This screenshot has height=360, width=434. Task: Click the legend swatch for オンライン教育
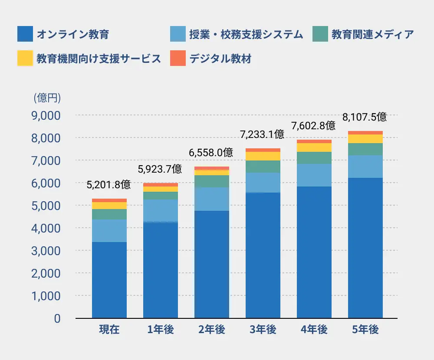click(x=25, y=34)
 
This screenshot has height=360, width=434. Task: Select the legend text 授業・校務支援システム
click(x=246, y=34)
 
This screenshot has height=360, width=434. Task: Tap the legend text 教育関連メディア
click(x=372, y=34)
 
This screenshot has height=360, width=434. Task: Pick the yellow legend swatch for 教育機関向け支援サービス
click(x=25, y=59)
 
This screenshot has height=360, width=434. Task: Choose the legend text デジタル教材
click(x=220, y=59)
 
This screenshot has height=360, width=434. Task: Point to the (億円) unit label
click(x=47, y=98)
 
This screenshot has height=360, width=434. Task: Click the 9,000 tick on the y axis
click(x=46, y=116)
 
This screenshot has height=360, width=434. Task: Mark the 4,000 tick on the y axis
click(x=46, y=228)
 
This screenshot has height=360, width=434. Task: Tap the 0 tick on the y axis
click(x=57, y=318)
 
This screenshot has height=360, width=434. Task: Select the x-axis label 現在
click(x=109, y=330)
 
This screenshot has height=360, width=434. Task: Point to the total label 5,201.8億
click(x=108, y=185)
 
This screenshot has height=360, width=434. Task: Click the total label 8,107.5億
click(x=365, y=117)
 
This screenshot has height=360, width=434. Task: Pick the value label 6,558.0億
click(x=211, y=153)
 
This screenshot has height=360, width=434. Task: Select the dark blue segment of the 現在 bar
click(x=109, y=280)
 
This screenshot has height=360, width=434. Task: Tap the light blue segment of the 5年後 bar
click(x=365, y=167)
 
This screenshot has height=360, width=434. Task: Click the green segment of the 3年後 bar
click(x=263, y=167)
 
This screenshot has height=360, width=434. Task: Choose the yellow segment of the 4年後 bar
click(x=314, y=147)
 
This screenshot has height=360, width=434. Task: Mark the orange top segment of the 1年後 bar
click(x=161, y=185)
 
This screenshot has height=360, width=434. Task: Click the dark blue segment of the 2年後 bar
click(x=212, y=265)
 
